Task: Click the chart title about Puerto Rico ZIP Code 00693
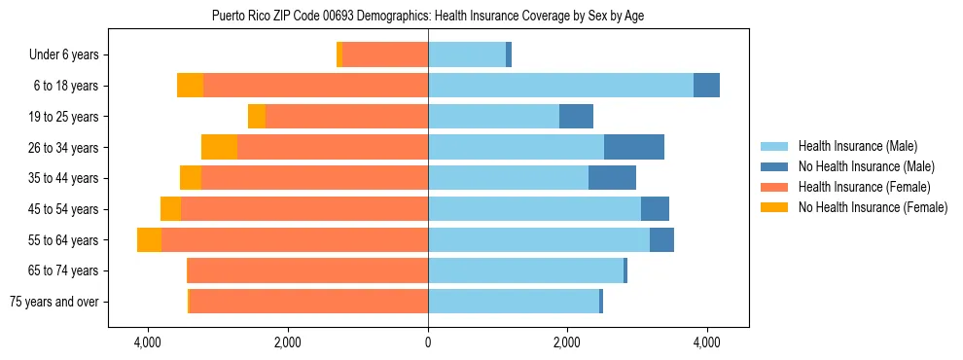tap(428, 16)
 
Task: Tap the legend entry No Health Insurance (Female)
tap(873, 207)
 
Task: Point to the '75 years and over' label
tap(54, 302)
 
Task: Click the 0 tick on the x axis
tap(428, 342)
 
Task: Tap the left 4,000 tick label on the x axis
tap(148, 342)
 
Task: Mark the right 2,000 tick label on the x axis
tap(567, 342)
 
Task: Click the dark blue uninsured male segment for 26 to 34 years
tap(634, 147)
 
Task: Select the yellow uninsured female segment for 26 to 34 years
tap(219, 147)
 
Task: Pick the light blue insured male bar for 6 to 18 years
tap(560, 86)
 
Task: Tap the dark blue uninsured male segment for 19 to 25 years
tap(577, 117)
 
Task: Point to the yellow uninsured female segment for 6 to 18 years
tap(191, 86)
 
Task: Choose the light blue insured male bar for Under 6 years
tap(467, 54)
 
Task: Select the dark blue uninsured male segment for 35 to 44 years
tap(613, 178)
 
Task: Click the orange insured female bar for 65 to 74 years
tap(307, 270)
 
